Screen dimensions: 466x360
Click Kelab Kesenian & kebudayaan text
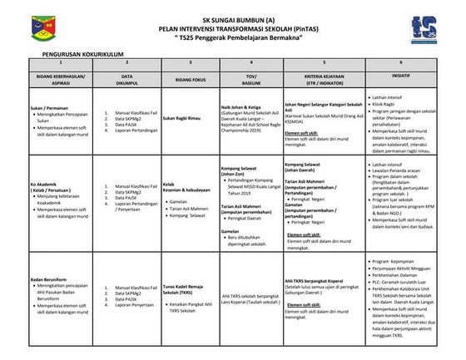click(183, 188)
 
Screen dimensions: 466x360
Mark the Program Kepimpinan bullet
click(394, 262)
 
